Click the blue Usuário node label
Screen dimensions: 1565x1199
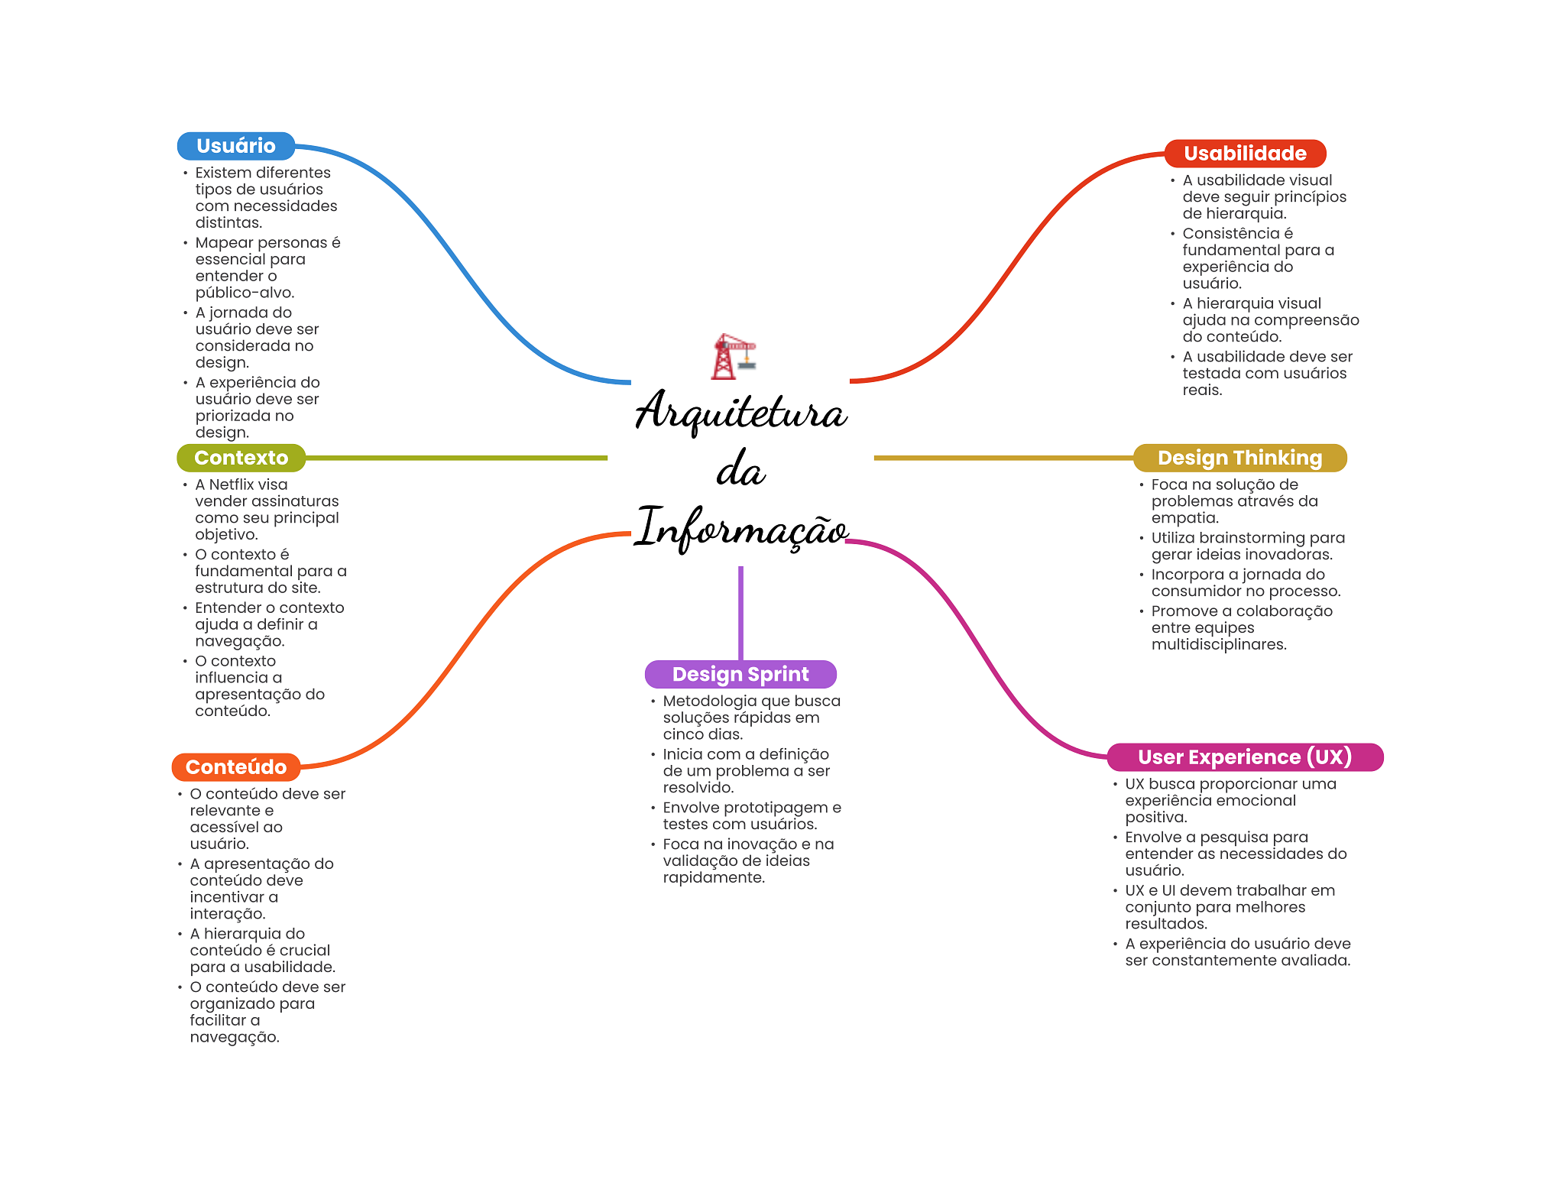click(235, 146)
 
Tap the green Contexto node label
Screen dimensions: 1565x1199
click(241, 458)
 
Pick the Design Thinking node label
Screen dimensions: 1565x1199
click(1239, 458)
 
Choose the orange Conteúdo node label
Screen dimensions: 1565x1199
click(235, 767)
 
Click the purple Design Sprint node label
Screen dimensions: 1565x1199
click(740, 674)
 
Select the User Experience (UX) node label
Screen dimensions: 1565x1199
click(1244, 757)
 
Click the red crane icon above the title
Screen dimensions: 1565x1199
click(733, 356)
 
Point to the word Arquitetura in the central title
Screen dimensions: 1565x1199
click(740, 411)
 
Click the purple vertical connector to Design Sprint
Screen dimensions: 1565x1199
click(740, 611)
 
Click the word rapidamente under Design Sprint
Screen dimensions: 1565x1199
click(713, 878)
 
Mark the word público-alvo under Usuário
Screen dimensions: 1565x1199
click(244, 293)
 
